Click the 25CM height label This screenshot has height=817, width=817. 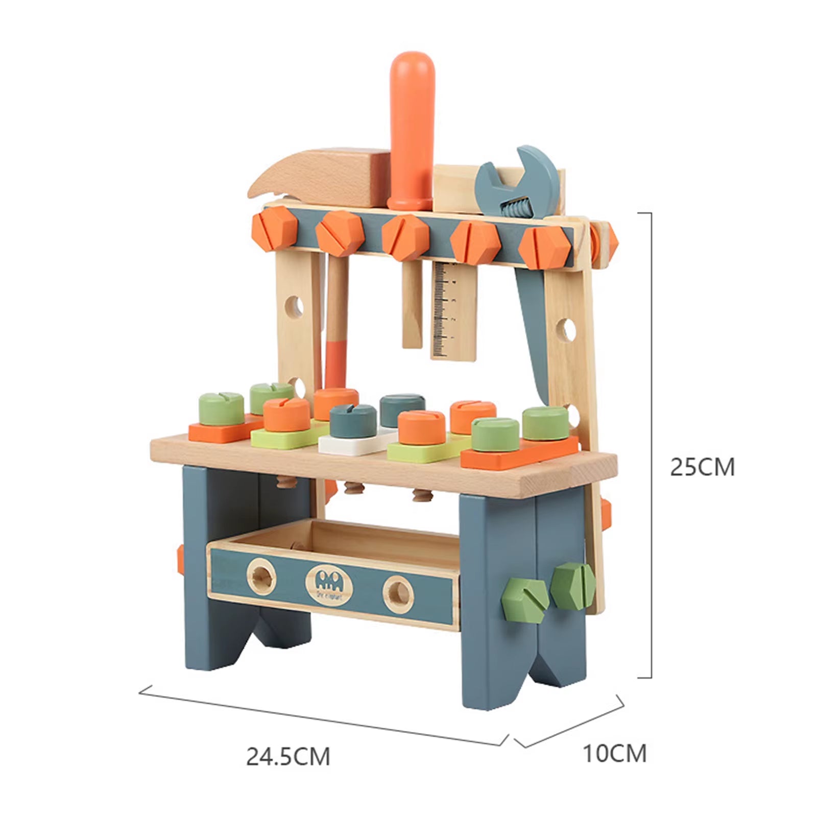702,467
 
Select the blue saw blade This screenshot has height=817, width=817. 531,327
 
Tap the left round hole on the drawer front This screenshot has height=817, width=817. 262,576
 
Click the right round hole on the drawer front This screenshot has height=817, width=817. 398,593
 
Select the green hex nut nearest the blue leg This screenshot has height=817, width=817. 525,597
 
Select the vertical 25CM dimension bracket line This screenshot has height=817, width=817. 651,444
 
